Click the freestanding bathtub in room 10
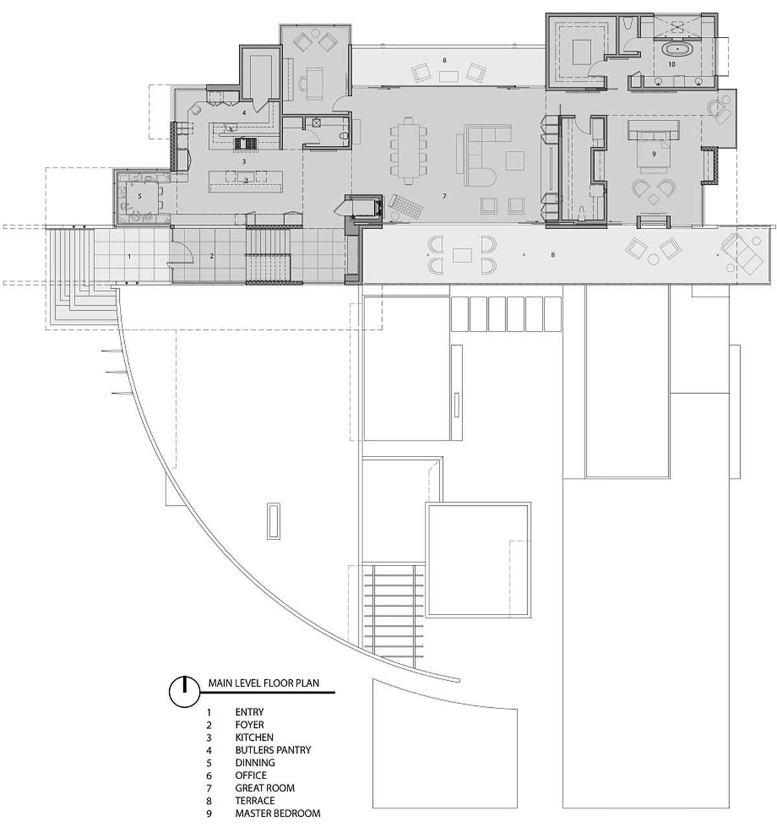tap(677, 49)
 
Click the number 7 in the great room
tap(444, 196)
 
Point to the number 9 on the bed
tap(654, 154)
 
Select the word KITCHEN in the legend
tap(254, 737)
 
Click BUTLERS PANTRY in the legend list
tap(273, 750)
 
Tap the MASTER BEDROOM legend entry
tap(278, 813)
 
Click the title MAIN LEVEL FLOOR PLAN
tap(264, 683)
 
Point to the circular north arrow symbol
tap(185, 692)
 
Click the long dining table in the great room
tap(408, 150)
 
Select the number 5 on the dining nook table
tap(140, 196)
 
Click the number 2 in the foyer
tap(212, 256)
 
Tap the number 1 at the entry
tap(129, 256)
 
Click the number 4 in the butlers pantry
tap(244, 113)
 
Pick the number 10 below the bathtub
tap(671, 64)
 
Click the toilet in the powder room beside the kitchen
tap(344, 136)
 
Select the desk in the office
tap(314, 83)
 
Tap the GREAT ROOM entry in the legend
tap(265, 787)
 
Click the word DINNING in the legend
tap(255, 762)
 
